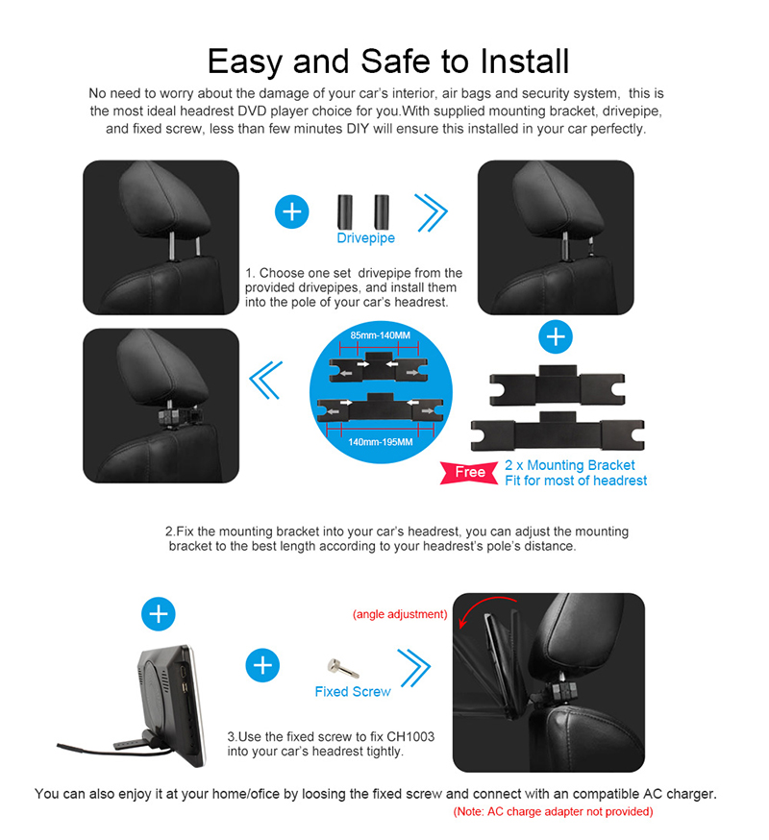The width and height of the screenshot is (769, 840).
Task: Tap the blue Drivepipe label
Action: pyautogui.click(x=365, y=237)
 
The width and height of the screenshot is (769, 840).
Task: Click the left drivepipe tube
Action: pyautogui.click(x=344, y=211)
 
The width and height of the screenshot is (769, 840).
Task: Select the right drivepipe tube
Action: pyautogui.click(x=382, y=211)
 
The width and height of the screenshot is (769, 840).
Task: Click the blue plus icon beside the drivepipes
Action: pyautogui.click(x=291, y=211)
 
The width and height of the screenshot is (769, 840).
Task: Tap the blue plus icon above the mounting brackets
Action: pyautogui.click(x=556, y=337)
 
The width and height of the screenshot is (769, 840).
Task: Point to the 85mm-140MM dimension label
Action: pyautogui.click(x=381, y=335)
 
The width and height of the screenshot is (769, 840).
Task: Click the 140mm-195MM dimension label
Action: pyautogui.click(x=381, y=442)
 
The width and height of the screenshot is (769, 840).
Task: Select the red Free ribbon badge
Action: pyautogui.click(x=469, y=473)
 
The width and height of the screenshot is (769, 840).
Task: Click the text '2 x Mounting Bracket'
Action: pyautogui.click(x=570, y=465)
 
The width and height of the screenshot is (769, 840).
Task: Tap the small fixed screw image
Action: pyautogui.click(x=343, y=668)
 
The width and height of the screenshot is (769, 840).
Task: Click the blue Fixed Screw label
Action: pyautogui.click(x=353, y=692)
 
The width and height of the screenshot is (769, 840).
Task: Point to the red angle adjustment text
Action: pyautogui.click(x=400, y=614)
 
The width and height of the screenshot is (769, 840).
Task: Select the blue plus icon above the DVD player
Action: pyautogui.click(x=158, y=614)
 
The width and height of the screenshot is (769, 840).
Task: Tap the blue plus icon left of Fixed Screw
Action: pyautogui.click(x=262, y=665)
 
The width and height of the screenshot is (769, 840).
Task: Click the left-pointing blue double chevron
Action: pyautogui.click(x=266, y=380)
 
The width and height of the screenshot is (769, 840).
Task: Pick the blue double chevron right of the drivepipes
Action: pyautogui.click(x=431, y=212)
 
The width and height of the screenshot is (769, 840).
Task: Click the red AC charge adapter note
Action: pyautogui.click(x=553, y=811)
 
